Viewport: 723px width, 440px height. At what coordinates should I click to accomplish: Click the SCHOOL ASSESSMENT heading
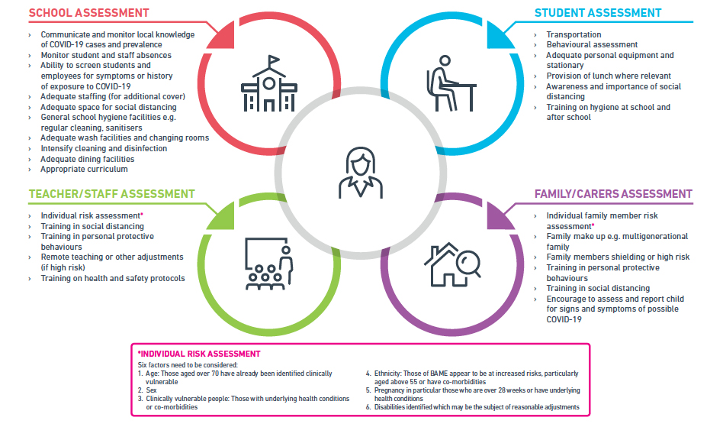[x=89, y=13]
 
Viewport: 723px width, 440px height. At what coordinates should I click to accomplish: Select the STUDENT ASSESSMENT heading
[x=598, y=13]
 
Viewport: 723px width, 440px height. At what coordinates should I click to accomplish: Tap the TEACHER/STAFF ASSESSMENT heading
[x=112, y=194]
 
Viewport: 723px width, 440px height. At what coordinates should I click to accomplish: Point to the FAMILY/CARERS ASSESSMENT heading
[x=613, y=194]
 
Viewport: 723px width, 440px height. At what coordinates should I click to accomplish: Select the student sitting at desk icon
[x=451, y=83]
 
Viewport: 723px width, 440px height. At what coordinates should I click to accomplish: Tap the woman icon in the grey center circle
[x=361, y=173]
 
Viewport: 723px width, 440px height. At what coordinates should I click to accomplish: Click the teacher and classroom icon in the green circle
[x=268, y=264]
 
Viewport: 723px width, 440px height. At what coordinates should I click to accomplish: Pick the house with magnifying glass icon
[x=452, y=264]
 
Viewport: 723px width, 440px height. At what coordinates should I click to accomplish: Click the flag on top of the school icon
[x=274, y=60]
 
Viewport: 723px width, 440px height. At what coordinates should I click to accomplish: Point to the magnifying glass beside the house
[x=469, y=264]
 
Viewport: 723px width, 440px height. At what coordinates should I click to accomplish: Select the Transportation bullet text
[x=574, y=34]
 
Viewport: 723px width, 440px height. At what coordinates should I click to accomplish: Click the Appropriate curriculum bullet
[x=84, y=169]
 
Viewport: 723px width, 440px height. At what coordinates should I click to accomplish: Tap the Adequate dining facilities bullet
[x=87, y=159]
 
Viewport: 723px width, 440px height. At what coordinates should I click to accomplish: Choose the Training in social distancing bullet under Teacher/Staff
[x=92, y=226]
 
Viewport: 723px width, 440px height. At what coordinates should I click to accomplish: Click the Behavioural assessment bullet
[x=592, y=45]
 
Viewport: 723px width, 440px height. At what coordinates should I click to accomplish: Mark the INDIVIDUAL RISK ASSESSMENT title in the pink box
[x=200, y=354]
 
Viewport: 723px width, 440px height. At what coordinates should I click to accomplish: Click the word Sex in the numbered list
[x=151, y=390]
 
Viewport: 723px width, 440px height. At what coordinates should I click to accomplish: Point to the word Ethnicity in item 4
[x=387, y=374]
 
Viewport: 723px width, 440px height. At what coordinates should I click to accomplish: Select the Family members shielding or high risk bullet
[x=618, y=257]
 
